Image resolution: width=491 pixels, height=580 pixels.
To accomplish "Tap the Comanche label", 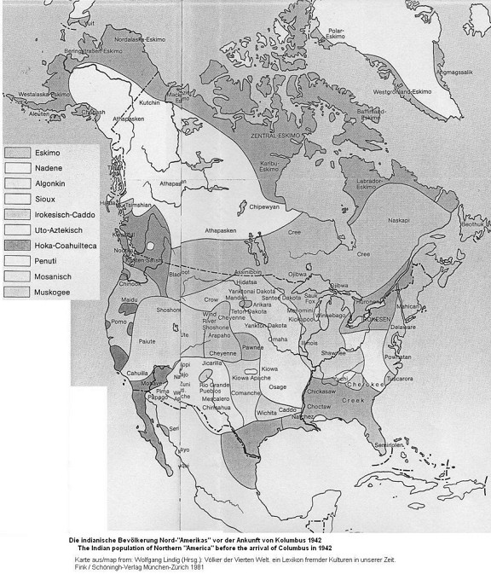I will coord(257,393).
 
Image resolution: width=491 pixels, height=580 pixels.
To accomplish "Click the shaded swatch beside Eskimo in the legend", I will coord(18,152).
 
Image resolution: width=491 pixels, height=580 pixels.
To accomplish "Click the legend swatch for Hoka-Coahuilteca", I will coord(18,246).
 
